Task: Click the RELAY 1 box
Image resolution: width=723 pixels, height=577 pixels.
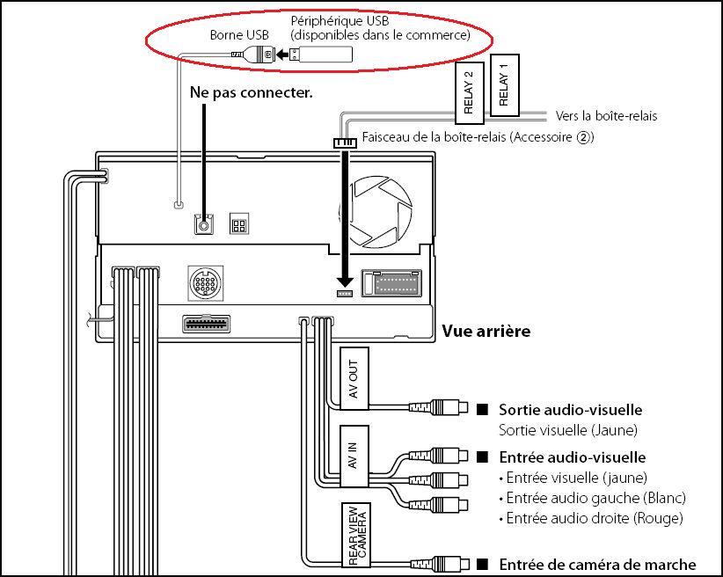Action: [x=505, y=84]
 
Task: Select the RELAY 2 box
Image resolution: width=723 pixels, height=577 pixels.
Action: [x=470, y=92]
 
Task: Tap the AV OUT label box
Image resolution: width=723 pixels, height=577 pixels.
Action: [x=354, y=378]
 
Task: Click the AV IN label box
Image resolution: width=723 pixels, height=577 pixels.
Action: [x=354, y=456]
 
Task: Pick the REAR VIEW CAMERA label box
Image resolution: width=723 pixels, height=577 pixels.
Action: [x=356, y=535]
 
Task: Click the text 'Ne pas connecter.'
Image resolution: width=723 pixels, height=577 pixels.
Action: [x=252, y=92]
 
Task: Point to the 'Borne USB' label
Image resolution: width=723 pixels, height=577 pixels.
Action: [x=239, y=35]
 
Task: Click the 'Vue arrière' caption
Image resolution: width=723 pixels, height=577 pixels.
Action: [x=486, y=331]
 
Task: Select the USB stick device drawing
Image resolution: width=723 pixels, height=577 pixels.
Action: [x=321, y=55]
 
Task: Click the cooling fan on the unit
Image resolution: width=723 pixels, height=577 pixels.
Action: [x=376, y=212]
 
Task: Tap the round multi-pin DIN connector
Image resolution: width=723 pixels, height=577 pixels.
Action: [x=206, y=282]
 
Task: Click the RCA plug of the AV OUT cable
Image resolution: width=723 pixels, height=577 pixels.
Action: [x=439, y=407]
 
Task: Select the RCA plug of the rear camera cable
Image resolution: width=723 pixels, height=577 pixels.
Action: [x=440, y=564]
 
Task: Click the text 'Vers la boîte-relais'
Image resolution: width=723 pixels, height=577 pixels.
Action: [x=606, y=116]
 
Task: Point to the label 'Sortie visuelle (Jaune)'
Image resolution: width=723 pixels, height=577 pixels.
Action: [x=568, y=430]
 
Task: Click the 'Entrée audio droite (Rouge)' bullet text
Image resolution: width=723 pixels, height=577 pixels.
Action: [x=591, y=518]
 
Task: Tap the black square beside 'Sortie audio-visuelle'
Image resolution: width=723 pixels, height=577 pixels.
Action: [x=482, y=409]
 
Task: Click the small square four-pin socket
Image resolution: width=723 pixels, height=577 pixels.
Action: [x=239, y=224]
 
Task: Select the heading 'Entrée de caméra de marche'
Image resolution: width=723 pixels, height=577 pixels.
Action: [x=597, y=565]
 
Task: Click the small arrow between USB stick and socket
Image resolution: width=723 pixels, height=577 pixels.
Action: [x=282, y=55]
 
